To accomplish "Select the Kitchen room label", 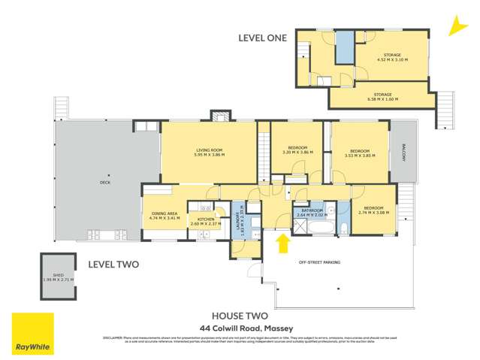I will tap(201, 221).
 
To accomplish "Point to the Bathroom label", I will tap(312, 213).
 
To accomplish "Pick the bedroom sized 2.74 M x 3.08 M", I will tap(373, 210).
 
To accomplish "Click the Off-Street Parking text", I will tap(319, 262).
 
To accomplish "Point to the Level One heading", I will tap(262, 37).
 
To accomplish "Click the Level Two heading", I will tap(111, 265).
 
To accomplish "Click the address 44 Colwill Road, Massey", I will tap(236, 328).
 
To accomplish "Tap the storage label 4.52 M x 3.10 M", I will tap(393, 58).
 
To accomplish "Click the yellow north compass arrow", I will tap(454, 27).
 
